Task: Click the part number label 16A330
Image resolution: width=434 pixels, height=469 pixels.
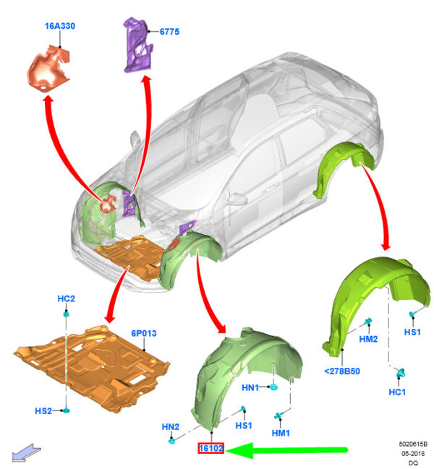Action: click(60, 26)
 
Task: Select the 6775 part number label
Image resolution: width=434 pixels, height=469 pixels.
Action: click(169, 32)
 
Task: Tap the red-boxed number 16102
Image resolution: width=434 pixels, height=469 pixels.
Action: click(211, 448)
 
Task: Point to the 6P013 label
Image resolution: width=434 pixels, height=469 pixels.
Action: click(144, 333)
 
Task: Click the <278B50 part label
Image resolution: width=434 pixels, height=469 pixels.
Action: click(342, 371)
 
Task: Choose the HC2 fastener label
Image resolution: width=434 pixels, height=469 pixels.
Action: click(66, 298)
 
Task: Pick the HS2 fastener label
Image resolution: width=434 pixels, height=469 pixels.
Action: click(43, 411)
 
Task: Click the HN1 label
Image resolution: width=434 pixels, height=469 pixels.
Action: click(250, 387)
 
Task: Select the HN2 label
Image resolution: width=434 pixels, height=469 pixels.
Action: click(170, 426)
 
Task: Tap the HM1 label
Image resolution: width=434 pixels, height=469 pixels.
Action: click(281, 433)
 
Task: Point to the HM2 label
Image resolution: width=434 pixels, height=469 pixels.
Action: click(368, 339)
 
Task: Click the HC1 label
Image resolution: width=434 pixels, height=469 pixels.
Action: click(397, 392)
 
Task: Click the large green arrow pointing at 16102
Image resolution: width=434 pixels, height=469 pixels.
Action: click(286, 449)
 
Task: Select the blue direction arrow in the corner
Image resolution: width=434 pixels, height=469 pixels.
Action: click(25, 452)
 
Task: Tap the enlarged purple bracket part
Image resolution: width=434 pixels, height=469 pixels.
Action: click(137, 45)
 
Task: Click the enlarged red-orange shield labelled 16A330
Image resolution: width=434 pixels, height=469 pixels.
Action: click(48, 69)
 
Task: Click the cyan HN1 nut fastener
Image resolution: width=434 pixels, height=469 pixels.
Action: click(273, 387)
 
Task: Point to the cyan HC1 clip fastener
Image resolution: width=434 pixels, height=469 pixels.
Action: click(400, 373)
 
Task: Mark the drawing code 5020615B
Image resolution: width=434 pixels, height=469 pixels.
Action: click(413, 444)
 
